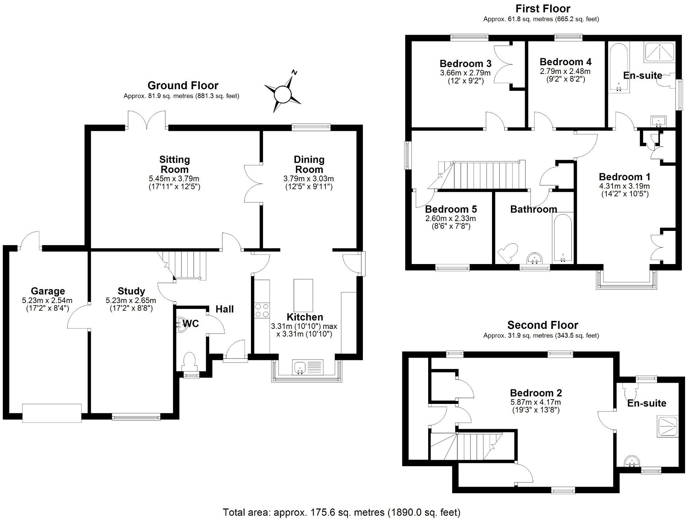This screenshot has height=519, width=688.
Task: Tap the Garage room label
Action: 48,291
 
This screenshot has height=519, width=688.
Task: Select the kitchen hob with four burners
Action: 262,310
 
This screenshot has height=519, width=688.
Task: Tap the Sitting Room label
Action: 175,164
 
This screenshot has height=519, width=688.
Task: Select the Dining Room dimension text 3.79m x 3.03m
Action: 309,179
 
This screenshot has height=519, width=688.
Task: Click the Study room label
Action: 131,291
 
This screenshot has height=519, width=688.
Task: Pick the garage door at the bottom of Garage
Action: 52,413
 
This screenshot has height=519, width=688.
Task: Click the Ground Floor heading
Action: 183,86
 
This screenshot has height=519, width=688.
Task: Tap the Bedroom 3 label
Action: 465,64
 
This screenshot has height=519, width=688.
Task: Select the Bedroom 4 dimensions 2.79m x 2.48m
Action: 565,71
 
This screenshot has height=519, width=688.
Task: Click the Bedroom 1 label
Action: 625,177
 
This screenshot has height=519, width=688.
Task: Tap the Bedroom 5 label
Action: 451,209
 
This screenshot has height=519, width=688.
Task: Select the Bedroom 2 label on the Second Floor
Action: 536,393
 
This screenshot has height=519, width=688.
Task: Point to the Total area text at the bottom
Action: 341,512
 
